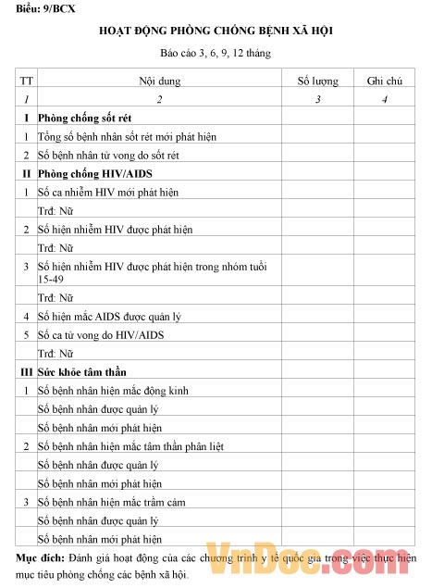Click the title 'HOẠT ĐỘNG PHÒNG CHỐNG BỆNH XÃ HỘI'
[216, 32]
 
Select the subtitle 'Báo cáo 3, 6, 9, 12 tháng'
[215, 55]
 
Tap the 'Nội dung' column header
[159, 81]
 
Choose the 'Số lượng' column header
[317, 81]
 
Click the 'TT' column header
[27, 81]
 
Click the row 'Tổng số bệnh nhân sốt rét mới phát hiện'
[127, 137]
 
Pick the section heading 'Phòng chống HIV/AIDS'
[93, 173]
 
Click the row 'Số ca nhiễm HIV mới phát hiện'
[107, 192]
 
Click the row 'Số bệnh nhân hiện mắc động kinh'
[112, 390]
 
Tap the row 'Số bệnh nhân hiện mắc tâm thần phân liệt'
[130, 446]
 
